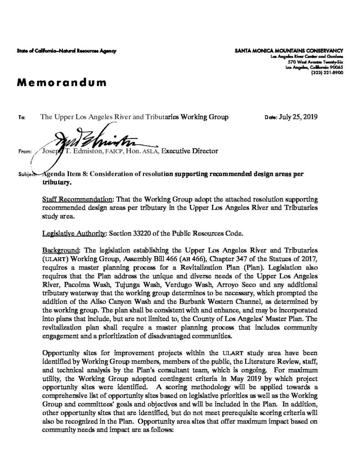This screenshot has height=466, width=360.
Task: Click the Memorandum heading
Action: click(61, 83)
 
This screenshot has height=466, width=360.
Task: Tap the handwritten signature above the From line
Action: click(91, 136)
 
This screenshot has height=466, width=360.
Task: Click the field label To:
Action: click(21, 117)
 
